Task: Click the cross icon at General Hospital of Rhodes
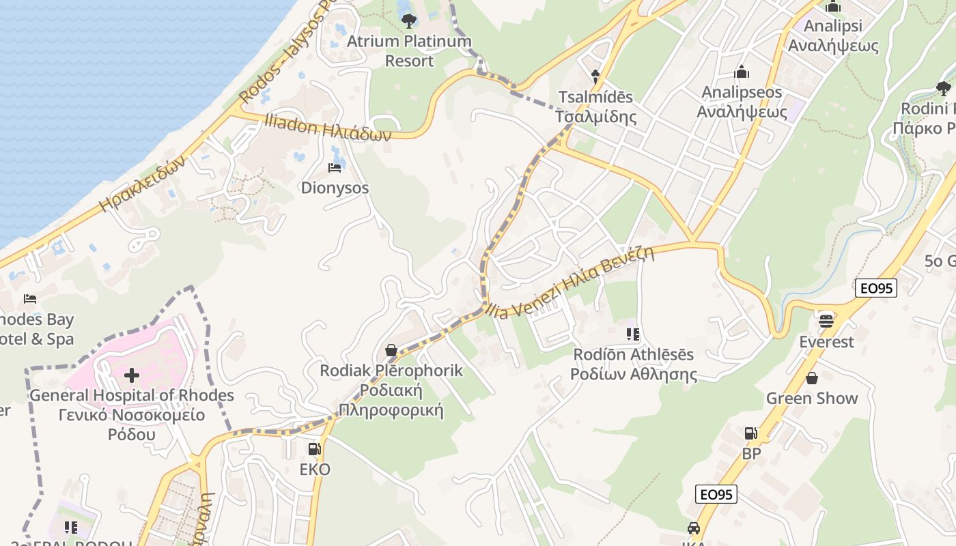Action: pyautogui.click(x=131, y=375)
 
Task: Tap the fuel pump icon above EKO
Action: pyautogui.click(x=314, y=449)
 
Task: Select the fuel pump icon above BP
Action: pyautogui.click(x=750, y=433)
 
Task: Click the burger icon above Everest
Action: pyautogui.click(x=826, y=320)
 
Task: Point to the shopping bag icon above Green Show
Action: pyautogui.click(x=812, y=377)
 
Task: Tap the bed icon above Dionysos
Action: pyautogui.click(x=335, y=167)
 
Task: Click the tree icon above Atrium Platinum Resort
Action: pyautogui.click(x=409, y=20)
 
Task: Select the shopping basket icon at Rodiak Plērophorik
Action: pyautogui.click(x=391, y=350)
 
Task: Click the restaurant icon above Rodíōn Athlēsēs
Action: pyautogui.click(x=633, y=334)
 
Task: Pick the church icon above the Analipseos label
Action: pyautogui.click(x=742, y=72)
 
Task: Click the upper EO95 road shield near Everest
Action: pyautogui.click(x=875, y=288)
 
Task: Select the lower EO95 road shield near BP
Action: pyautogui.click(x=716, y=493)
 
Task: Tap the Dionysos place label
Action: pyautogui.click(x=335, y=188)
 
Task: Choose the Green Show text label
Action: pyautogui.click(x=811, y=399)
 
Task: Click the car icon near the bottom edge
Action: pyautogui.click(x=694, y=528)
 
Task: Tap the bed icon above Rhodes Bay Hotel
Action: pyautogui.click(x=29, y=299)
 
